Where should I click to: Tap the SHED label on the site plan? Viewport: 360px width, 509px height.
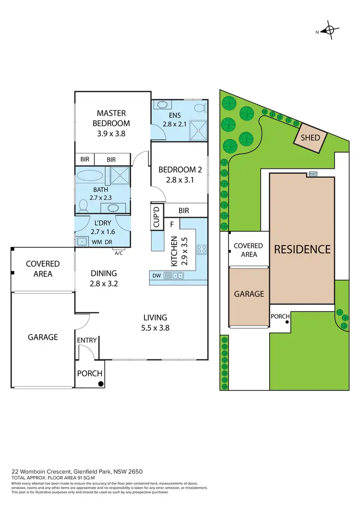[x=310, y=138]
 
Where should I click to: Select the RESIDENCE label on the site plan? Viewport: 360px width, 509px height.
[x=302, y=249]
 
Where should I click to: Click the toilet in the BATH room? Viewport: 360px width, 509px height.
[x=83, y=206]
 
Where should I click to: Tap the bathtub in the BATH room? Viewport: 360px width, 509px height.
[x=90, y=174]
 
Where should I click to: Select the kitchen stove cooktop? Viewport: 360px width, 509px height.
[x=202, y=249]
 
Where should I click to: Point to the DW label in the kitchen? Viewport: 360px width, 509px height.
[x=157, y=275]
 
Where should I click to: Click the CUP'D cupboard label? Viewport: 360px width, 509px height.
[x=156, y=216]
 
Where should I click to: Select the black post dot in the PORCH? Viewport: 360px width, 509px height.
[x=101, y=383]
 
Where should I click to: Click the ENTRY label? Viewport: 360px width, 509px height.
[x=87, y=340]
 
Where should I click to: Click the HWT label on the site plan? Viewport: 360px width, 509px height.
[x=313, y=174]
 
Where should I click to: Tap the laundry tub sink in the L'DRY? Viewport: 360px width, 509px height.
[x=82, y=242]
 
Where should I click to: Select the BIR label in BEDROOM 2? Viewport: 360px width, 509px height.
[x=183, y=211]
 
